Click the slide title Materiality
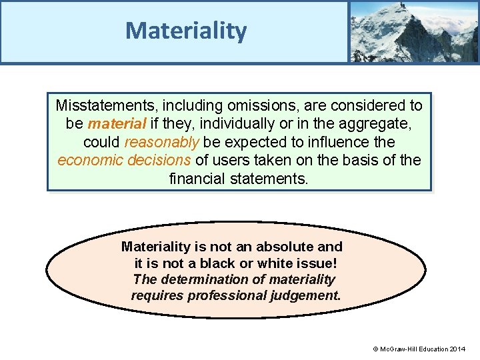click(x=186, y=30)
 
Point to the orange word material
click(x=117, y=124)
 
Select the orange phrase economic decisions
click(x=125, y=161)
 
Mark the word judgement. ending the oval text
click(x=307, y=295)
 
